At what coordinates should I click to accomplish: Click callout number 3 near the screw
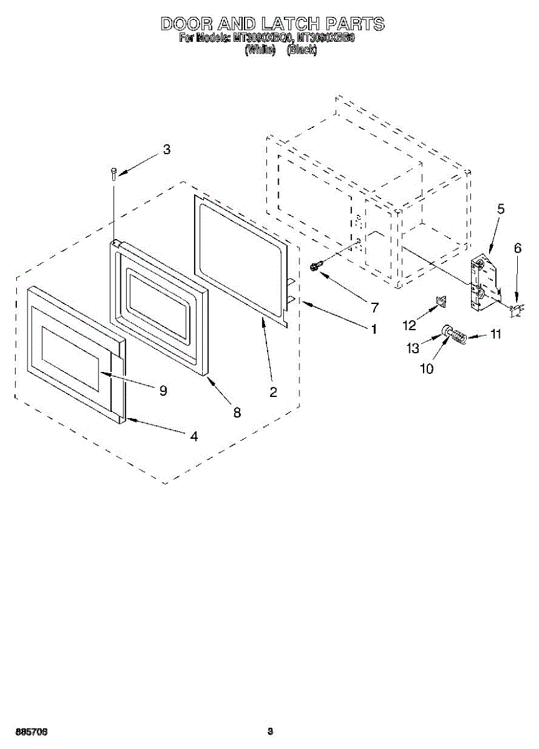coord(166,150)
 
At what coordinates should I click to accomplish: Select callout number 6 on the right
coord(517,248)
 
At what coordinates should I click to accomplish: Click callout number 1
coord(374,329)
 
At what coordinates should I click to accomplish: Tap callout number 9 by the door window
coord(163,390)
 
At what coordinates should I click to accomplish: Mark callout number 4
coord(195,437)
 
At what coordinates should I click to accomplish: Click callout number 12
coord(409,325)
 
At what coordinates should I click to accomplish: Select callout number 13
coord(414,348)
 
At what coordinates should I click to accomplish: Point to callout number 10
coord(427,368)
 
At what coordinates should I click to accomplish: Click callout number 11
coord(495,335)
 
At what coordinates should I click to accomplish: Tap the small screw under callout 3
coord(114,173)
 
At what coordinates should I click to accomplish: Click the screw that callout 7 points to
coord(315,267)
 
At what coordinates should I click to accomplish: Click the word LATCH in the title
coord(290,24)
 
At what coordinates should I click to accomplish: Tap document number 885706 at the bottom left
coord(32,731)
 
